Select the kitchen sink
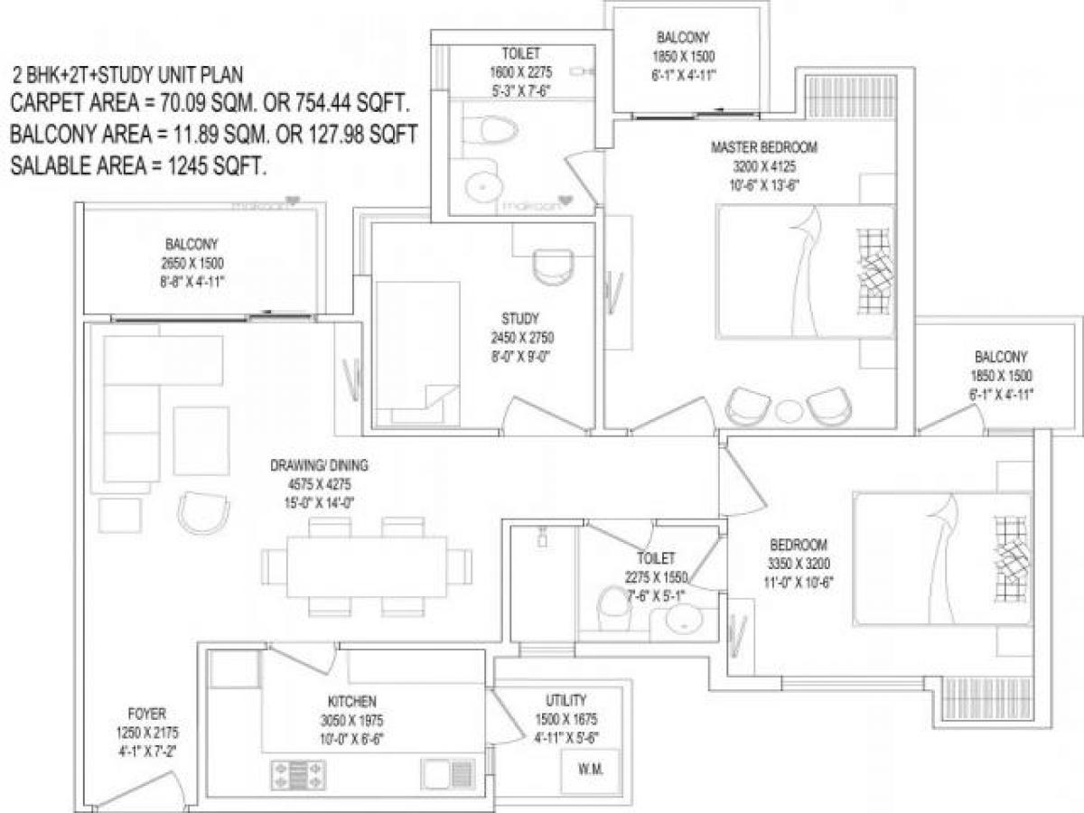448,773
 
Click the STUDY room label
520,318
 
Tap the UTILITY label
565,700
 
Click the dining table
367,566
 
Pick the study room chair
551,266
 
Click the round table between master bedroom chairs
789,409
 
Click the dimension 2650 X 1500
192,263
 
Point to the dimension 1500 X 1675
565,719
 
